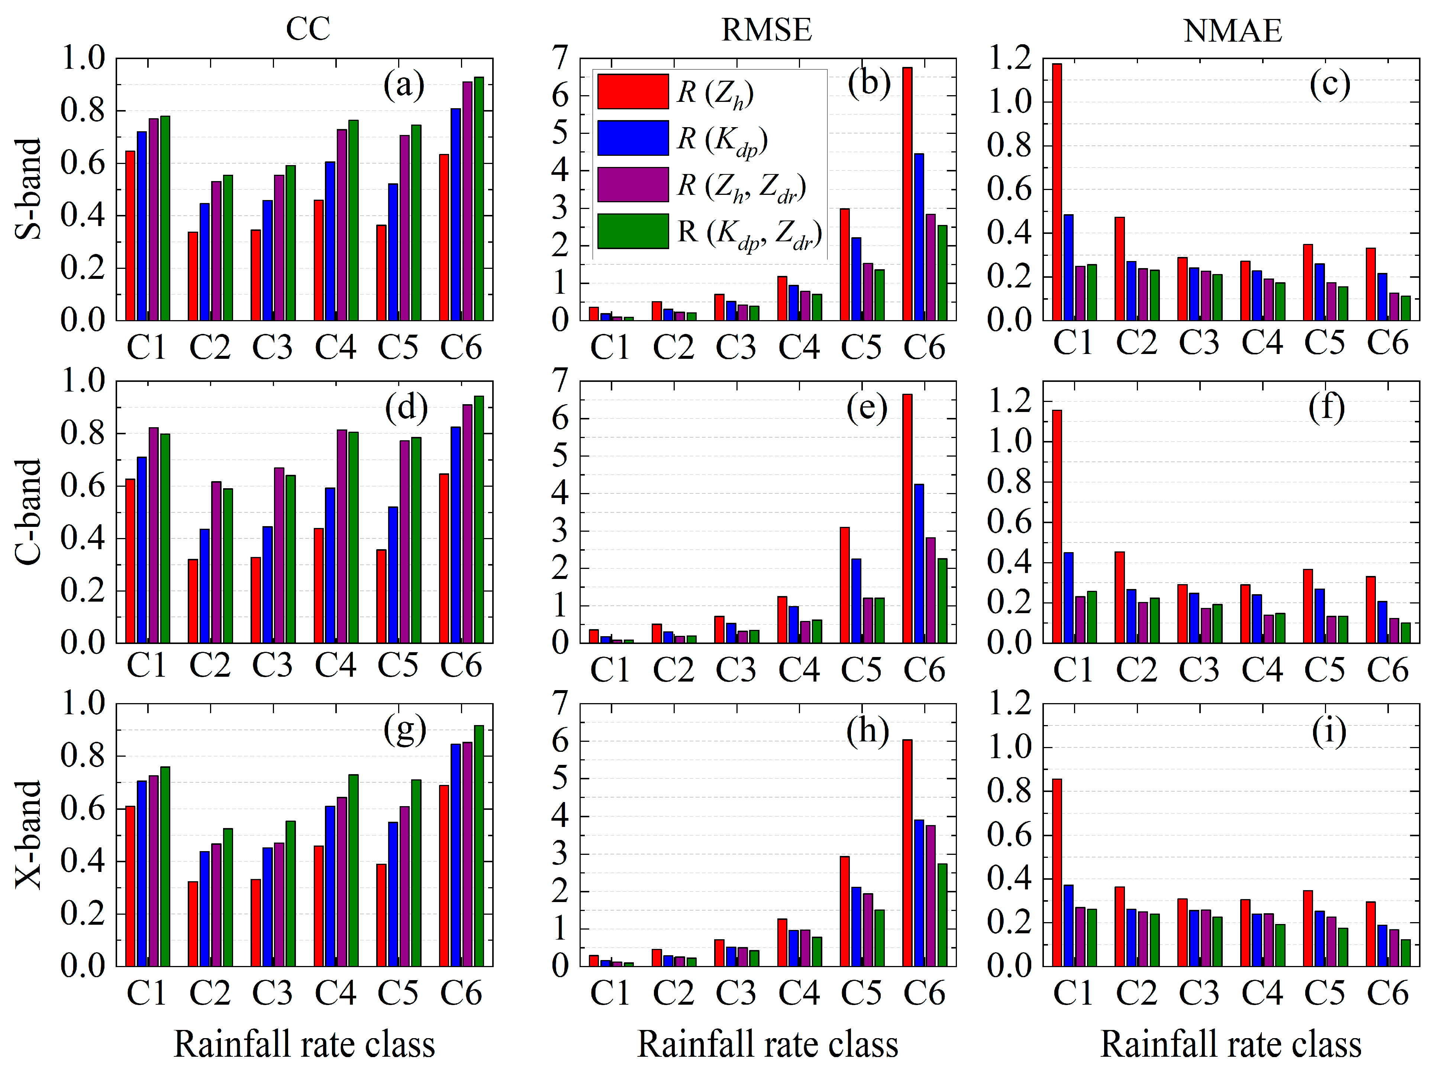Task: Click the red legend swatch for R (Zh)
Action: coord(632,91)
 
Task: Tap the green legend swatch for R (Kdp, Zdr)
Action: coord(632,231)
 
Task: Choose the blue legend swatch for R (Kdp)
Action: coord(632,138)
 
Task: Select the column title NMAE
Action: coord(1232,30)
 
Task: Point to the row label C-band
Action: coord(29,512)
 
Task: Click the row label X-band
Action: coord(29,835)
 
